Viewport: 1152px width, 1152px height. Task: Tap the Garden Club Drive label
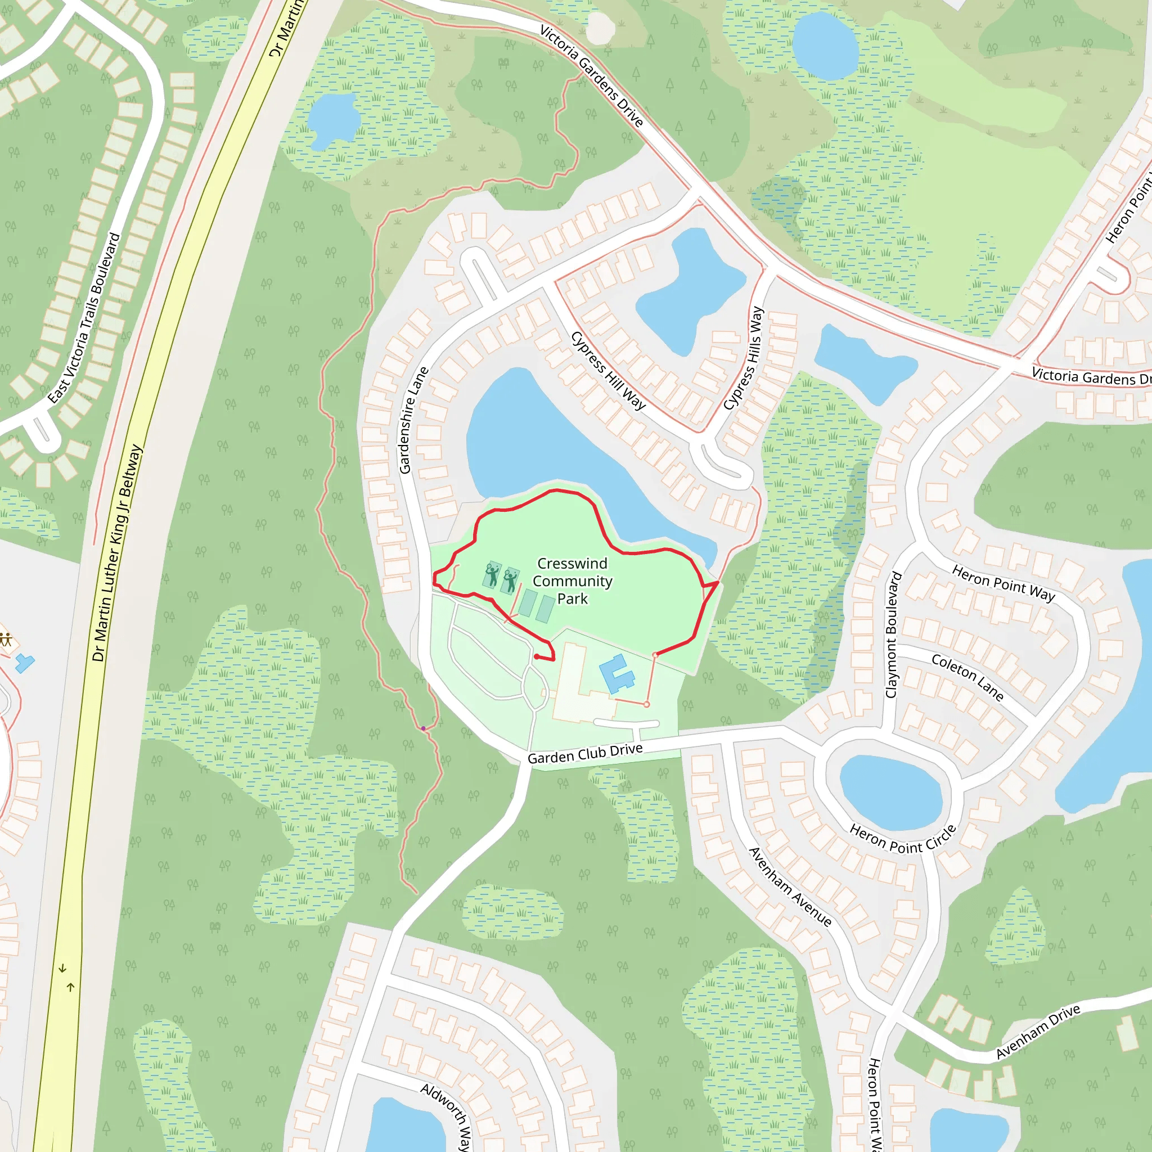pos(585,753)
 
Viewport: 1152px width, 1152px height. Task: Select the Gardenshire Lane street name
pos(413,420)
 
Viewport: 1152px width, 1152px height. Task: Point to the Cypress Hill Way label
pos(607,371)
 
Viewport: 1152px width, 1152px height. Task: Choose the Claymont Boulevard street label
pos(892,634)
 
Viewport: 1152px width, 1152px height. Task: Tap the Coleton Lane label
pos(967,677)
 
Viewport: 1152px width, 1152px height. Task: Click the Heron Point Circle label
pos(902,840)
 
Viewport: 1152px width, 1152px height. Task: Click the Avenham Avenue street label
pos(790,886)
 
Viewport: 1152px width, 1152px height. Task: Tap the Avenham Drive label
pos(1037,1032)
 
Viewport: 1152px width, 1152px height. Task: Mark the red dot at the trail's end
pos(537,656)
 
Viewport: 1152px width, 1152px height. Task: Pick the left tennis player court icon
pos(492,575)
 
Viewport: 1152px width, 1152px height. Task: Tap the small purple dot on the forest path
pos(424,728)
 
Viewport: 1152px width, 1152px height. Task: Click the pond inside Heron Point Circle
pos(891,793)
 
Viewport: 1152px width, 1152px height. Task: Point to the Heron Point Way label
pos(1003,583)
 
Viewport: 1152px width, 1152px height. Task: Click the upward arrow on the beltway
pos(70,987)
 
